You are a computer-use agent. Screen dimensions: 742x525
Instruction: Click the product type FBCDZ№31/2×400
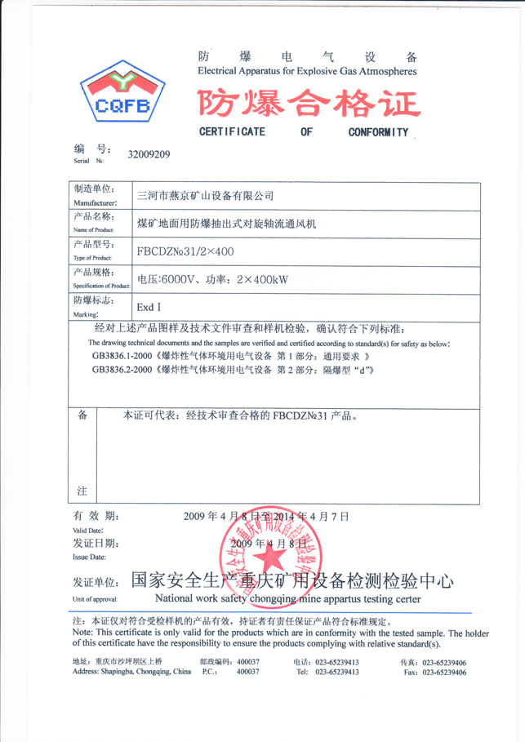click(x=185, y=251)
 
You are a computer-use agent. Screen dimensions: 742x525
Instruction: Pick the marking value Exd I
click(x=149, y=308)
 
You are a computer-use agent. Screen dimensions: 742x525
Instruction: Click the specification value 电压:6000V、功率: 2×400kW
click(x=213, y=279)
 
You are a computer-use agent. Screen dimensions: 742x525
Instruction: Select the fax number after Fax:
click(x=445, y=673)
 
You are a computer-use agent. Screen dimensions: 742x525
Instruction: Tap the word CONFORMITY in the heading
click(x=378, y=132)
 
